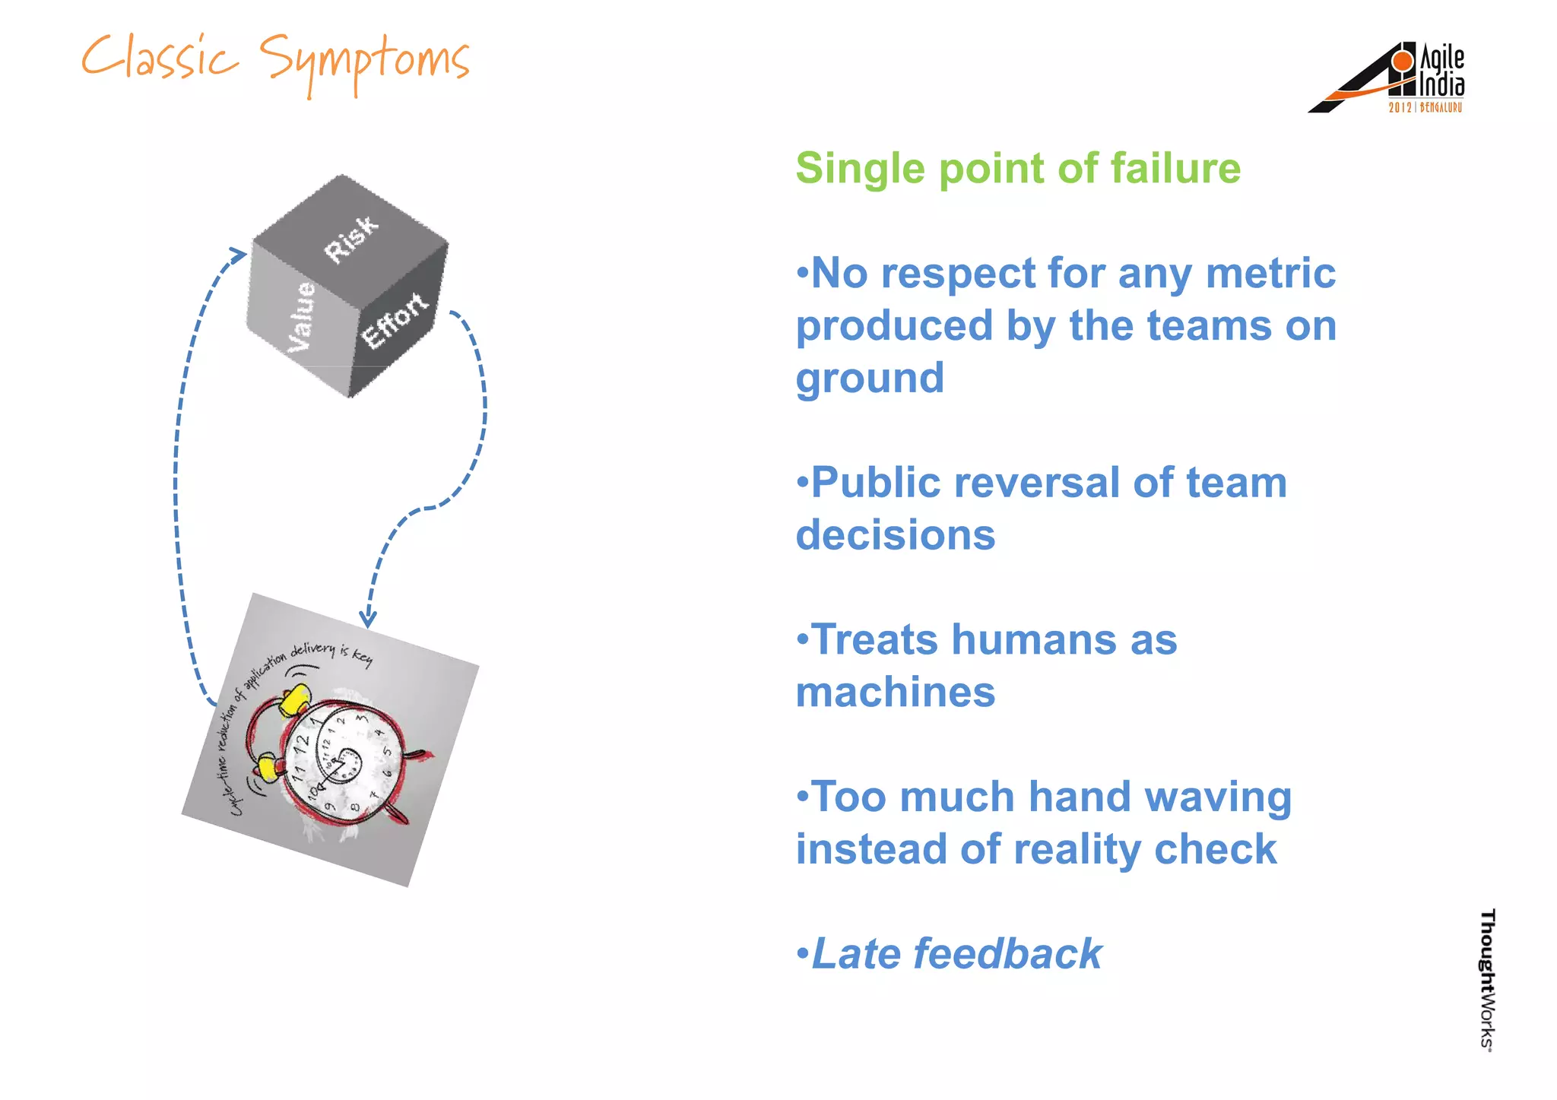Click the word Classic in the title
[160, 59]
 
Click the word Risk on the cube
[350, 238]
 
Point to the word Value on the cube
[302, 316]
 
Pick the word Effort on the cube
[395, 320]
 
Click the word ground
[870, 379]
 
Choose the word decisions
[896, 535]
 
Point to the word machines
[896, 693]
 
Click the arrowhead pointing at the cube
[239, 253]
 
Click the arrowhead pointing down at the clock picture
[368, 619]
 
